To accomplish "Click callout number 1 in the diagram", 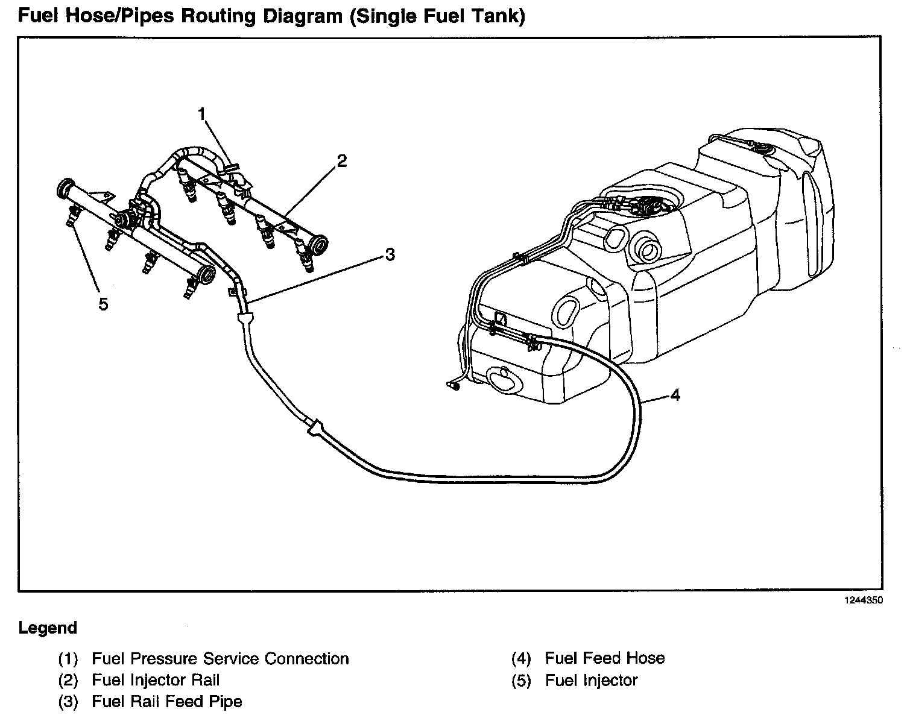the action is [x=202, y=114].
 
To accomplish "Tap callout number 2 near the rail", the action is [x=342, y=161].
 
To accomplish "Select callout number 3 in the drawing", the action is [x=390, y=254].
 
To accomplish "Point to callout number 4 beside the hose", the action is [x=675, y=395].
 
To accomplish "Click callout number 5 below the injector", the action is [x=103, y=304].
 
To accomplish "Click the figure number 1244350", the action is [x=863, y=600].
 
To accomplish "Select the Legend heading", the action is [x=48, y=628].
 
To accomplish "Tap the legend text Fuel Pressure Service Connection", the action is [x=221, y=658].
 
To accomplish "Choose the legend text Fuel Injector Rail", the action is [x=156, y=680].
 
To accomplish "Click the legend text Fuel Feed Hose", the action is [x=605, y=658].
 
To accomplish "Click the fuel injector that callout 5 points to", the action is [x=72, y=216].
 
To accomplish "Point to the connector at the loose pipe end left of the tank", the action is [x=453, y=385].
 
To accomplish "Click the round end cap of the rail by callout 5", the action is [x=65, y=188].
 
